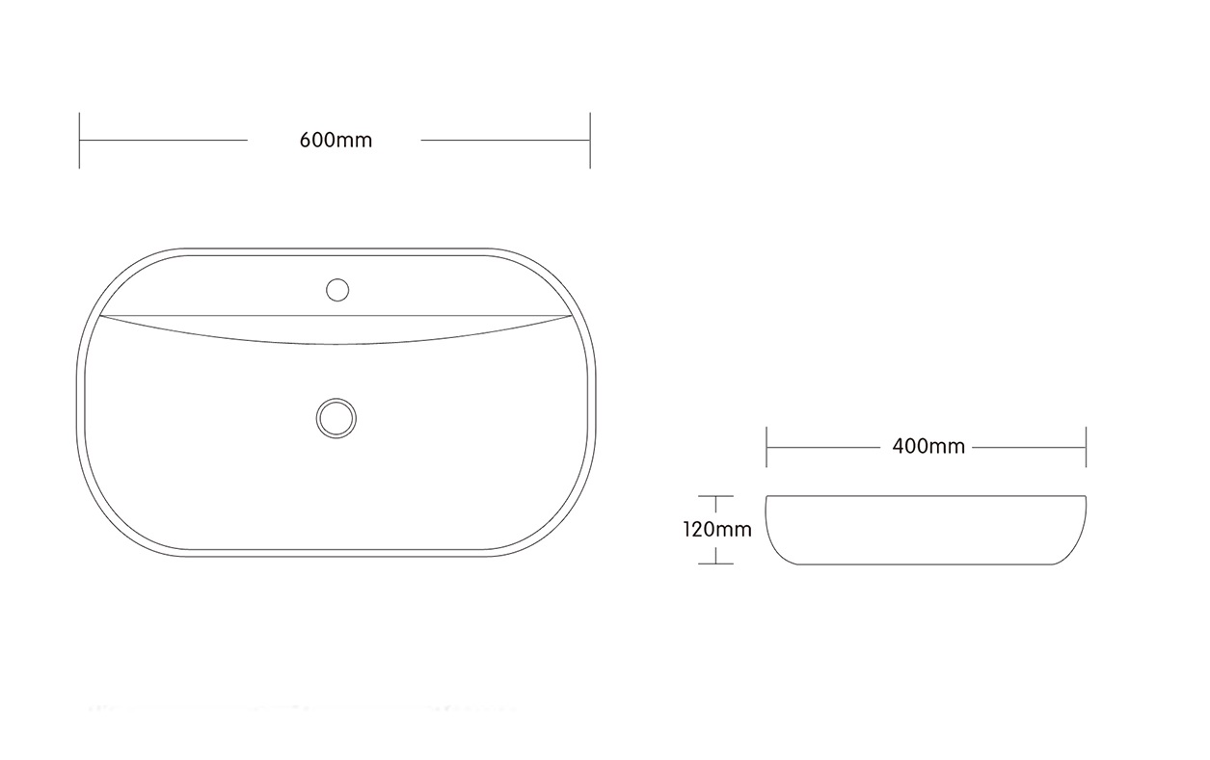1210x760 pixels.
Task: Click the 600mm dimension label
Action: (x=336, y=141)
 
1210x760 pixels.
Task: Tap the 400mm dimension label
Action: (x=928, y=446)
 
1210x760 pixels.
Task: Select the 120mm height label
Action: (x=716, y=530)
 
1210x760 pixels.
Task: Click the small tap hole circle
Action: (x=337, y=290)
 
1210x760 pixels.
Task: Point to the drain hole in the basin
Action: (x=336, y=418)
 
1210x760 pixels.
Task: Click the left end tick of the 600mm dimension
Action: (x=79, y=141)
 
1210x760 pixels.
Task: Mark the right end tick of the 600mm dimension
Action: (x=590, y=141)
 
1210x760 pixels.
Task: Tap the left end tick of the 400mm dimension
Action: (x=766, y=447)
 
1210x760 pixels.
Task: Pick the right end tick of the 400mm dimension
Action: (x=1086, y=447)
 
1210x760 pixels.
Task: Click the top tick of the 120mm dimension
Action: (x=715, y=496)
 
